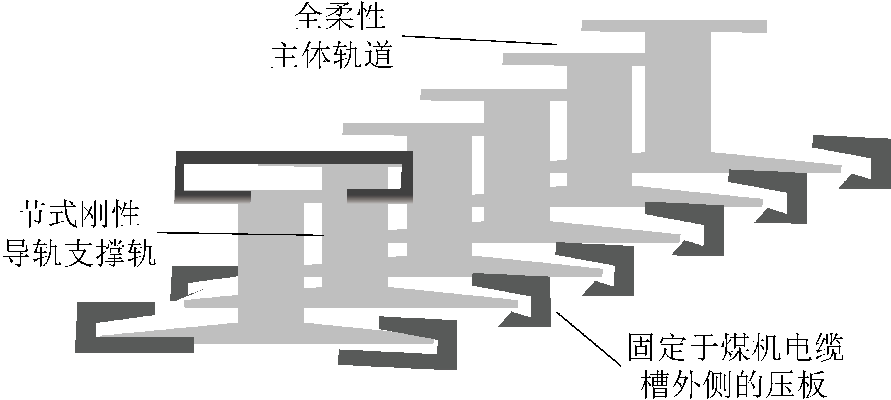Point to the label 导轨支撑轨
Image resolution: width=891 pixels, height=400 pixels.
79,254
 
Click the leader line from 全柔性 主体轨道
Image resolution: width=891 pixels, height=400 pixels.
479,40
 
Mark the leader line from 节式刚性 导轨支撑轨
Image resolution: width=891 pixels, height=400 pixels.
241,234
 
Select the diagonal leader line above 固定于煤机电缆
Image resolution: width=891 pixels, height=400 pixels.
588,338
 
